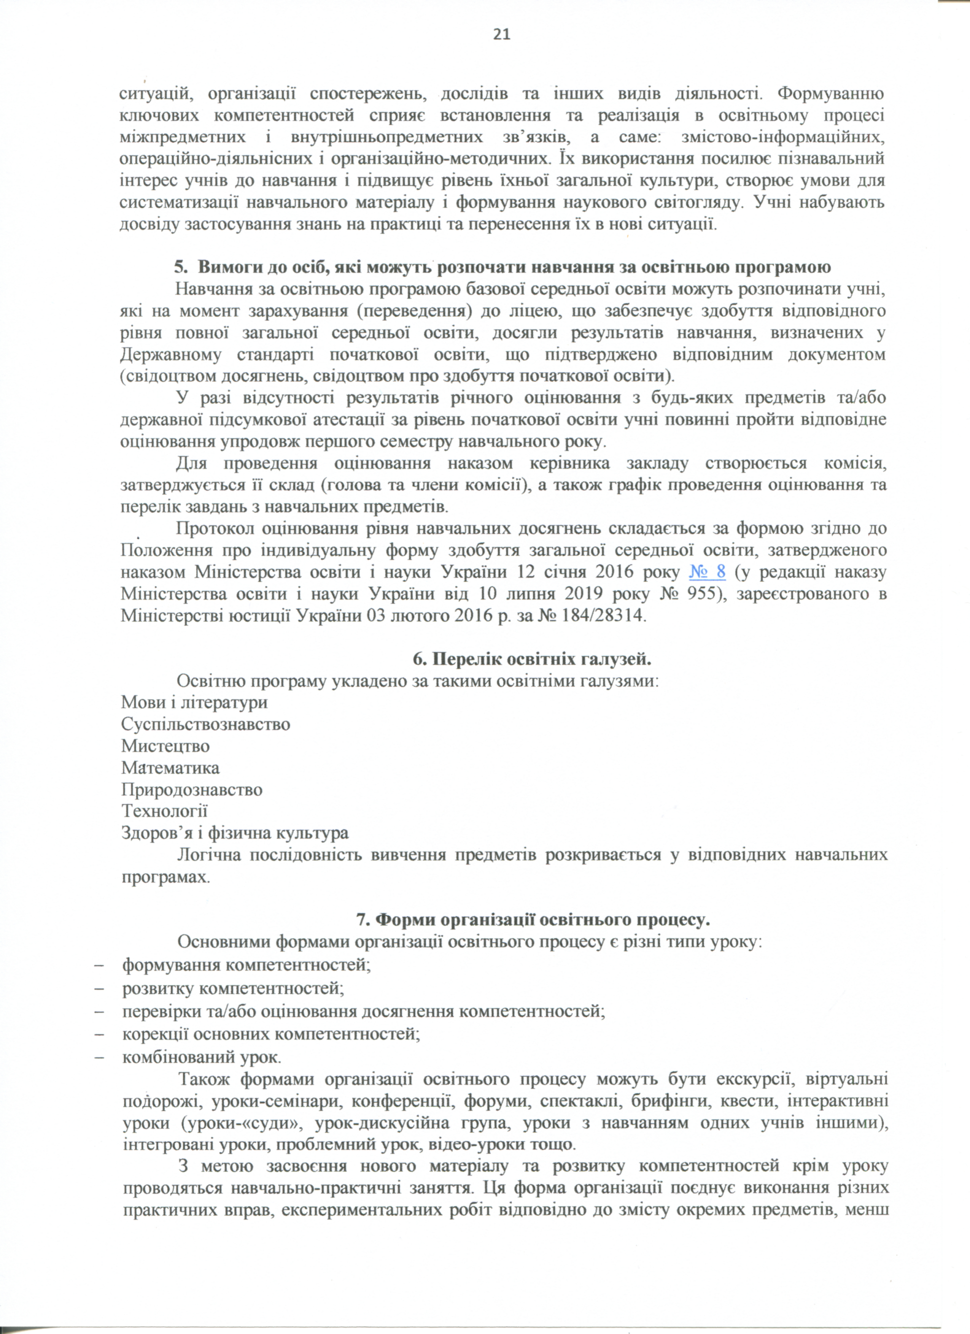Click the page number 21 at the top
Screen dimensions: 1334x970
pyautogui.click(x=501, y=35)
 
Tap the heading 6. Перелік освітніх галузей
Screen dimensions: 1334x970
pyautogui.click(x=532, y=659)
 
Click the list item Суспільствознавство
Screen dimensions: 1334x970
pyautogui.click(x=205, y=724)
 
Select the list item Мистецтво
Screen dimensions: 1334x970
pyautogui.click(x=165, y=746)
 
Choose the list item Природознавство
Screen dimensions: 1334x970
pyautogui.click(x=192, y=790)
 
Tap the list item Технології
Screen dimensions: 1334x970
pyautogui.click(x=164, y=812)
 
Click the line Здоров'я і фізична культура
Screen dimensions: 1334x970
pyautogui.click(x=235, y=833)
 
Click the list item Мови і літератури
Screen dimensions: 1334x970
pyautogui.click(x=194, y=702)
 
